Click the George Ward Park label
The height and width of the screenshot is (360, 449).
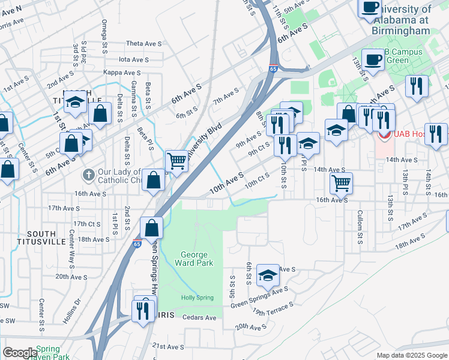[193, 259]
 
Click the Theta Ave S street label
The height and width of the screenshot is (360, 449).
[141, 44]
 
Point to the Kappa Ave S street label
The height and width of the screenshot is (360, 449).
[121, 72]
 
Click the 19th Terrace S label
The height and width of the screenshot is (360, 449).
[273, 308]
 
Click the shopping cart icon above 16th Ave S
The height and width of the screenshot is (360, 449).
[341, 182]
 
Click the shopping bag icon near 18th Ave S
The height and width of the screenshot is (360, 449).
[152, 228]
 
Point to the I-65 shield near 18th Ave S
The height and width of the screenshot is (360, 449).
[137, 244]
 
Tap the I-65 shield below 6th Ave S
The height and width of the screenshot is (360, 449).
[273, 68]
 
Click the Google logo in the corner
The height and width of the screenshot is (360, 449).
[20, 353]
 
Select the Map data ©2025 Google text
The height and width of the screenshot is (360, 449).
[411, 355]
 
